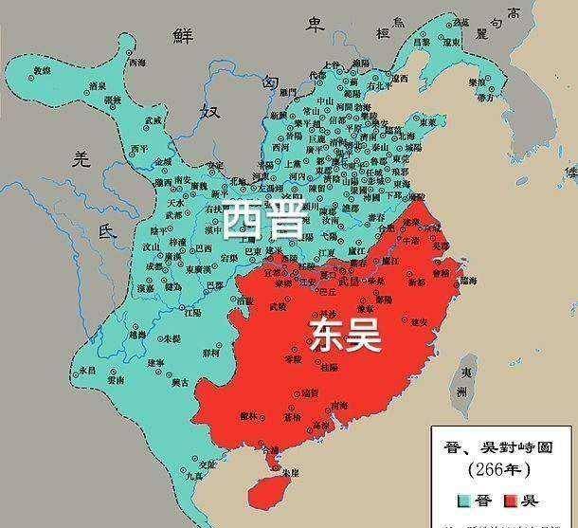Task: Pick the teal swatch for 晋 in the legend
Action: pyautogui.click(x=464, y=499)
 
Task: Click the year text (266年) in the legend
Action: pyautogui.click(x=503, y=467)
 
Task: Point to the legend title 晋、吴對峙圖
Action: pyautogui.click(x=502, y=444)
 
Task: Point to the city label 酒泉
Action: pyautogui.click(x=96, y=86)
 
